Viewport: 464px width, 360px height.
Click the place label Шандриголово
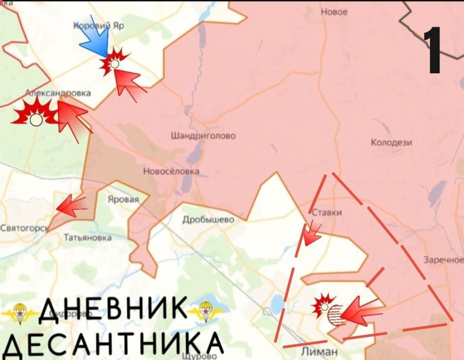(x=203, y=136)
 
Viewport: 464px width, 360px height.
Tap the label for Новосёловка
(x=171, y=172)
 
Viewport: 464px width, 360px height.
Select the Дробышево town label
(x=208, y=220)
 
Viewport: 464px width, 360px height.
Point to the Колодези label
(x=391, y=143)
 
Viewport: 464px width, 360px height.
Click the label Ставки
(x=327, y=213)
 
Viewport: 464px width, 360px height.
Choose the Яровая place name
(x=123, y=200)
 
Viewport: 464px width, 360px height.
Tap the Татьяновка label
(x=87, y=238)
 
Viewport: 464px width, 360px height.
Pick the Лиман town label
(x=321, y=352)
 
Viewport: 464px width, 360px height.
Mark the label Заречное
(x=443, y=260)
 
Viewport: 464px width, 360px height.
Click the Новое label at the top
(x=333, y=12)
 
